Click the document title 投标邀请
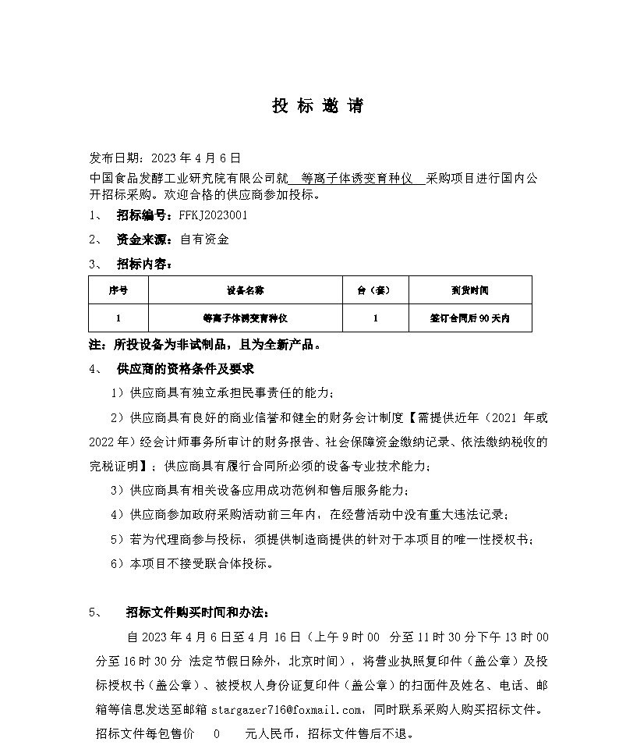tap(317, 107)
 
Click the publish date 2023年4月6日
tap(196, 157)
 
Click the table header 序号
tap(118, 290)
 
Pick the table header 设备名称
tap(246, 290)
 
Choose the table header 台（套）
tap(376, 290)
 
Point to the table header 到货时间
tap(470, 290)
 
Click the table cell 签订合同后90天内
tap(470, 318)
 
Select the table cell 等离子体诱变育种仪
tap(246, 318)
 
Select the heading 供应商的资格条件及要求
tap(185, 368)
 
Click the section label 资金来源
tap(145, 240)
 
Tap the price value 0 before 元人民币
tap(217, 733)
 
